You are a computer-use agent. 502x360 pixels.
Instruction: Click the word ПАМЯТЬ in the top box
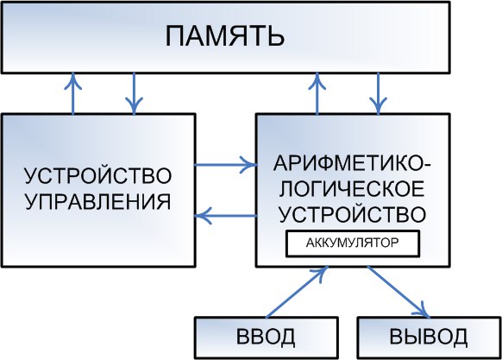[x=225, y=36]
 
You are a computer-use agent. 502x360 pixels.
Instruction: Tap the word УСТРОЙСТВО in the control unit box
[x=98, y=175]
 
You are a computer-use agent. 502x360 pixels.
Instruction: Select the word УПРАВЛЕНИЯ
[x=97, y=202]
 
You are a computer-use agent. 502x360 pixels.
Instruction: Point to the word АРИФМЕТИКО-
[x=352, y=163]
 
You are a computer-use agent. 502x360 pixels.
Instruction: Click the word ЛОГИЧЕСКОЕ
[x=352, y=189]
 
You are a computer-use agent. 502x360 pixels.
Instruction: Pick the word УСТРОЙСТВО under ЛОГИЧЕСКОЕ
[x=353, y=214]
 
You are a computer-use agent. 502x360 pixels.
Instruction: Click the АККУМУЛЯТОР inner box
[x=353, y=243]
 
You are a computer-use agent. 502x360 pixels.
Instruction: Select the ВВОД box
[x=267, y=338]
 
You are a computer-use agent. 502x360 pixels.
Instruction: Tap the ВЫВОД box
[x=429, y=338]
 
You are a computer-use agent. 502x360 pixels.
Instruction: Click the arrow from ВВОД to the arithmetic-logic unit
[x=297, y=292]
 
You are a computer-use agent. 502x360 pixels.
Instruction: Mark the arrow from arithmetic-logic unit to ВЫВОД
[x=398, y=292]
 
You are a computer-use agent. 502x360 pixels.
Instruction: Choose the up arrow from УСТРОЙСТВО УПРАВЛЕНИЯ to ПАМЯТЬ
[x=73, y=93]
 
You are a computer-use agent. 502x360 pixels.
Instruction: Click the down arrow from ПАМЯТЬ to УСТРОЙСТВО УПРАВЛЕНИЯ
[x=134, y=93]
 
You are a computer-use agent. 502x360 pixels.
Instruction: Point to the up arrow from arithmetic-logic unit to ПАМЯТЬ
[x=317, y=93]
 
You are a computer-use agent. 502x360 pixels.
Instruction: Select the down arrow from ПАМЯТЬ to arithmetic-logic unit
[x=379, y=93]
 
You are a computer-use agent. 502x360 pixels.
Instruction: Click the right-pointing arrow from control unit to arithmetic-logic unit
[x=226, y=165]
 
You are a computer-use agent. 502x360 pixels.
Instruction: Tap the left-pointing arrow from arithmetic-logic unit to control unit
[x=226, y=216]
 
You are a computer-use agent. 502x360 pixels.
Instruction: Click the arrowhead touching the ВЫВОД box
[x=423, y=310]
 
